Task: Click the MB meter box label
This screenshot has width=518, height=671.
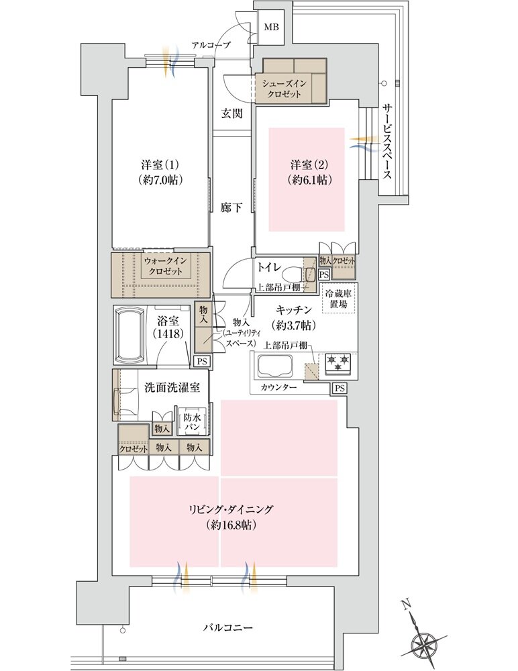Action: [x=272, y=28]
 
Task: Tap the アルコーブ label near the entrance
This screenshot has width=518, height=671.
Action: [x=211, y=45]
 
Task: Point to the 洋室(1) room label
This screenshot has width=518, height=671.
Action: [x=159, y=165]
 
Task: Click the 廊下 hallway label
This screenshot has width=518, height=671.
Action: [x=231, y=208]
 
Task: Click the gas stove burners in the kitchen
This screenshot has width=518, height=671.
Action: [x=338, y=363]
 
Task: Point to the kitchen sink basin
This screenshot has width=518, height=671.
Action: [x=276, y=366]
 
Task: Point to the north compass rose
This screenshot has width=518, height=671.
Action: [x=424, y=645]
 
